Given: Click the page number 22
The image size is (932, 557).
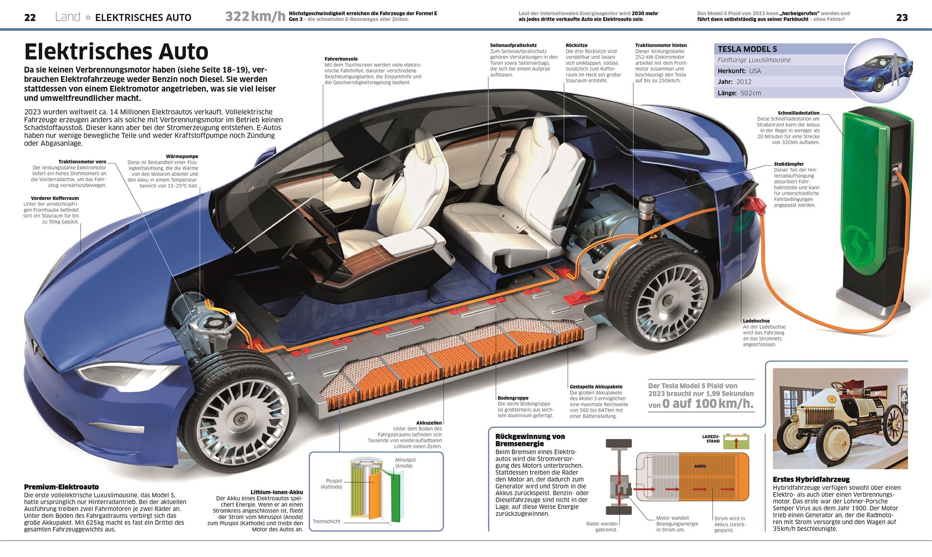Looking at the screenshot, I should pos(30,17).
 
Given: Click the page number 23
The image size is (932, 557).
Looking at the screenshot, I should pos(902,17).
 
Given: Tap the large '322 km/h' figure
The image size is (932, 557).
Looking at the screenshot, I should pos(255,17).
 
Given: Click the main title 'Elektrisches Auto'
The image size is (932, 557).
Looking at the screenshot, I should pos(116,52).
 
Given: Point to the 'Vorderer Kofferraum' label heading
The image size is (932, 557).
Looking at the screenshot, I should pos(55,198).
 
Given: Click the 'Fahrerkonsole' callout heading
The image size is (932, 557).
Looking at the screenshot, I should pos(341,59).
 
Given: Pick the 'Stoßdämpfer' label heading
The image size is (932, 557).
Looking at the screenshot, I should pos(788,164).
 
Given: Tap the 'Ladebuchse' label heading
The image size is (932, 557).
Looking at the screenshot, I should pos(756,321).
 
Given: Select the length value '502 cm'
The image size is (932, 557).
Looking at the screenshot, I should pos(751,93).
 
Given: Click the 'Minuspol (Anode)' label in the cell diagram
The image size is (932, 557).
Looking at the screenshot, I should pos(405,463).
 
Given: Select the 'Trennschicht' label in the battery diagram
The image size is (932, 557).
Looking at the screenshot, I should pos(326,521).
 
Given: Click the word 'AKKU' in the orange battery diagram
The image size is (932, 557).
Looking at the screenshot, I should pos(700,466).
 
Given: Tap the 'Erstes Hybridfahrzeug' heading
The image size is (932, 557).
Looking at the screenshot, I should pos(811,480).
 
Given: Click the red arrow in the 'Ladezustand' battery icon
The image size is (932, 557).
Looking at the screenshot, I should pos(736,443).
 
